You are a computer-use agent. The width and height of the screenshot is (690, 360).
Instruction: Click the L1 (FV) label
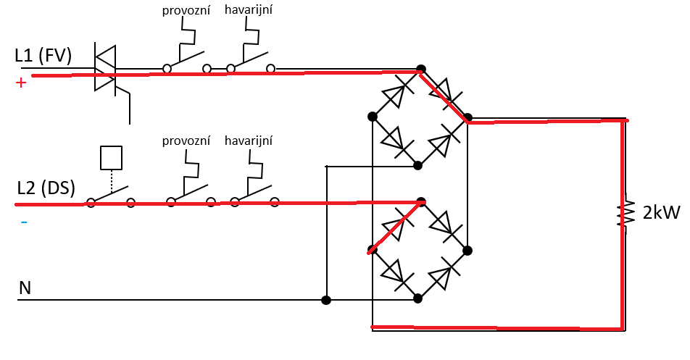43,56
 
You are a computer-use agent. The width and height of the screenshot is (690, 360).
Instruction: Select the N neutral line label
25,288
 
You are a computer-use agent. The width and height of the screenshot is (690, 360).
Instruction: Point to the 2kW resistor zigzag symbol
622,214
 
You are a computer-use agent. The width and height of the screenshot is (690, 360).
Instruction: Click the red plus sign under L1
20,83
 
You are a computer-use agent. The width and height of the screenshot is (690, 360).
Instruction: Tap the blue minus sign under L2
23,222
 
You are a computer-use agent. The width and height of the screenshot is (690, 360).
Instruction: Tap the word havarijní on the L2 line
251,140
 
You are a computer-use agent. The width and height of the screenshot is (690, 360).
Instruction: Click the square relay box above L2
111,156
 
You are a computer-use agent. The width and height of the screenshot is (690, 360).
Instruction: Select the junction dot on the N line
326,299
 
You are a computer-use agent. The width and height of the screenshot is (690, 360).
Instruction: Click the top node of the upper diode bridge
420,69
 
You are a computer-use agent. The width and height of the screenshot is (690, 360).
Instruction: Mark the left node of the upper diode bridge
372,116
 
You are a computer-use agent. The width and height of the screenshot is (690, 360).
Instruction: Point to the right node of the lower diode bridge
467,250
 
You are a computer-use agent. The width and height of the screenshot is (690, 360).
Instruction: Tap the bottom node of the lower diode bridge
417,298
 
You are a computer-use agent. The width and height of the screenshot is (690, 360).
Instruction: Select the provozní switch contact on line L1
186,64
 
